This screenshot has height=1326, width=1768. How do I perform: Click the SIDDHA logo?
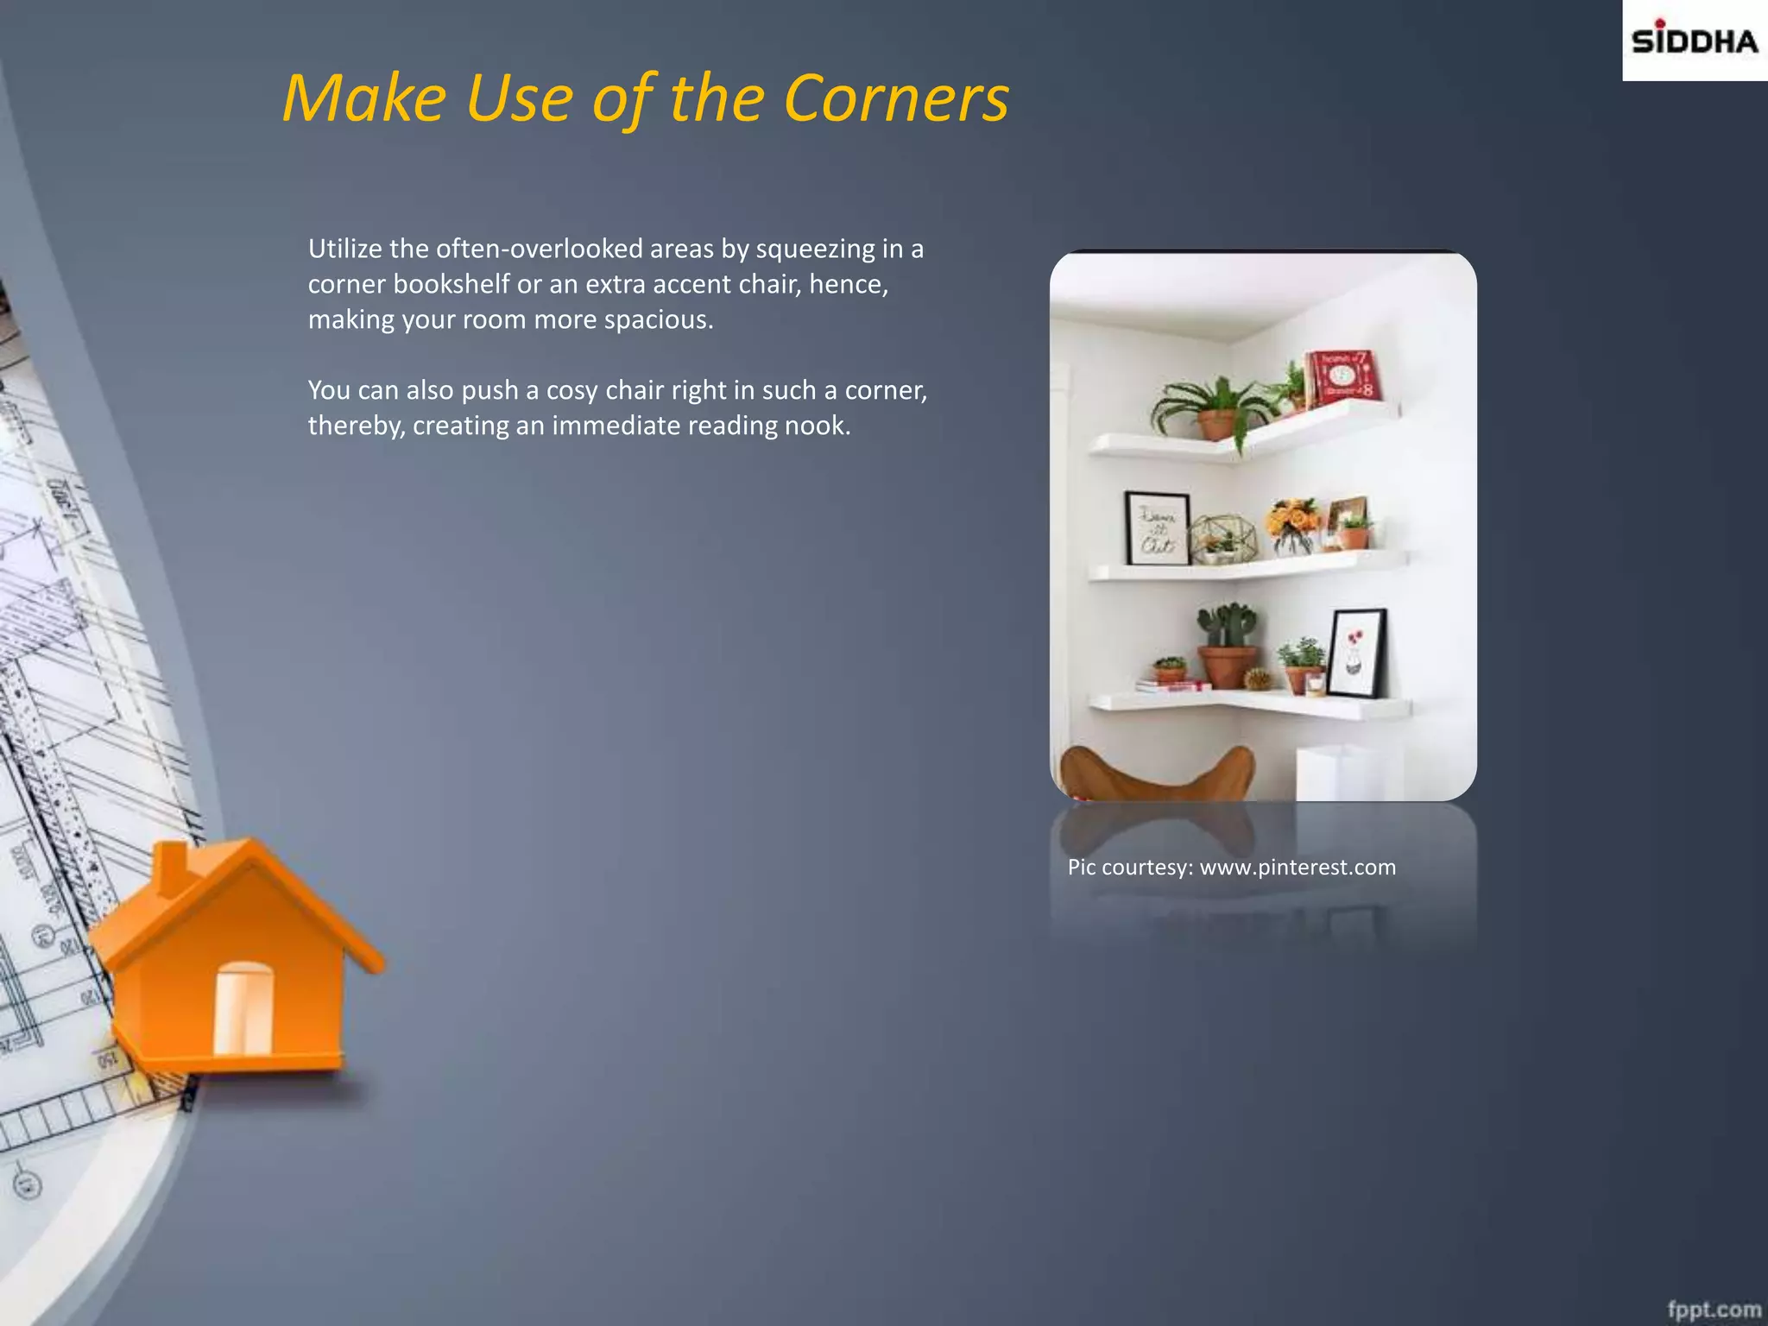tap(1694, 41)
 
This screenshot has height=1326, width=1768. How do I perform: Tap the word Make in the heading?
tap(363, 98)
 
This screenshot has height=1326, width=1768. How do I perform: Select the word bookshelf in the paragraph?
tap(451, 284)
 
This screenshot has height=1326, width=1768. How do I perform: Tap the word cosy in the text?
tap(571, 390)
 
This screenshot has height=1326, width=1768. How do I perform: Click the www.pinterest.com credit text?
tap(1297, 868)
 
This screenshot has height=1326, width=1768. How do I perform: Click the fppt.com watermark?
tap(1714, 1309)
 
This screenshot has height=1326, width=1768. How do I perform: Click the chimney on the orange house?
tap(173, 867)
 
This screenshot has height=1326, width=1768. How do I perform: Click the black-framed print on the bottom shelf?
tap(1356, 653)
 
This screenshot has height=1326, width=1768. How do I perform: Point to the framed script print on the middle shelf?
tap(1157, 528)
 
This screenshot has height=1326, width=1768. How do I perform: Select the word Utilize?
tap(344, 249)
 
